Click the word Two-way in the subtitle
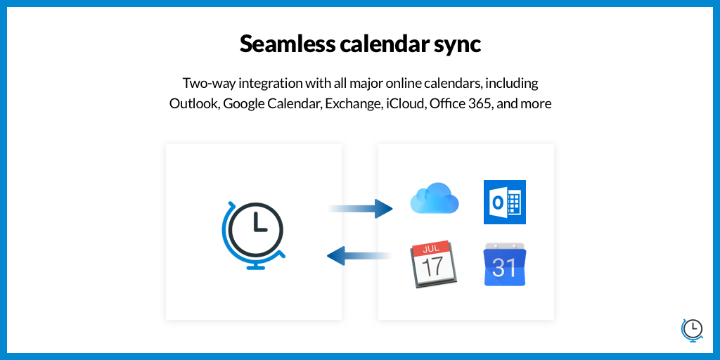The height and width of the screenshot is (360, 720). point(209,84)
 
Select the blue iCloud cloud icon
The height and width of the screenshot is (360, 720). point(435,198)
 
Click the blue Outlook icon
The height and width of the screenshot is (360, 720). point(505,202)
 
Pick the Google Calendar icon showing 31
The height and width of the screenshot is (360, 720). point(505,264)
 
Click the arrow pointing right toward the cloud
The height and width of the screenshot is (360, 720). point(361,209)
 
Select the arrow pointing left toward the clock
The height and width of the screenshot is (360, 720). point(359,256)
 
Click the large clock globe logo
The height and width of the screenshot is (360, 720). point(253,235)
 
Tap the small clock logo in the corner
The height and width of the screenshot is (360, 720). point(692,330)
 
